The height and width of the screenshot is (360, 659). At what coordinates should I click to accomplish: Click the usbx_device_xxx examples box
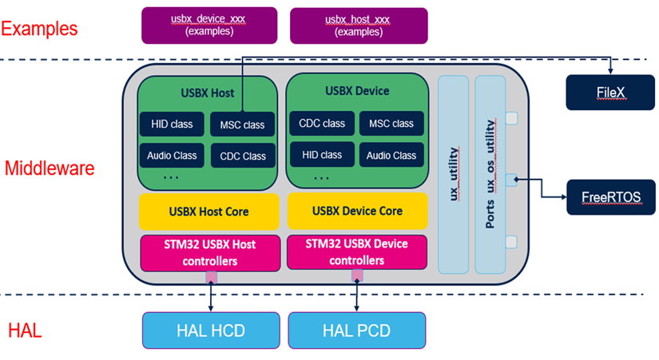pos(209,25)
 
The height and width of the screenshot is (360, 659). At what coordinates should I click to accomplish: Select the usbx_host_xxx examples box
pos(359,25)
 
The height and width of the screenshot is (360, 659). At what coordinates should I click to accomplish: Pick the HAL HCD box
pos(212,329)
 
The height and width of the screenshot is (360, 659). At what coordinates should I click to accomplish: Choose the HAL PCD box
pos(357,329)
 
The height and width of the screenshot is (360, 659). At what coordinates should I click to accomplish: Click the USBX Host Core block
pos(209,212)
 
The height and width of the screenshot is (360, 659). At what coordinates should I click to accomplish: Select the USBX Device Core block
pos(356,212)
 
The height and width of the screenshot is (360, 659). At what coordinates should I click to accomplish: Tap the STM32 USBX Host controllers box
pos(209,252)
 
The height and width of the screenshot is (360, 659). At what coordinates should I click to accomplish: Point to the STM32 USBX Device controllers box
pos(356,252)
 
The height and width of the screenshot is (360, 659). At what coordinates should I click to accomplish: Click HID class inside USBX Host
pos(172,124)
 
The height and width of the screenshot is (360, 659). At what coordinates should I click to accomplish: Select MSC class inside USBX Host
pos(243,125)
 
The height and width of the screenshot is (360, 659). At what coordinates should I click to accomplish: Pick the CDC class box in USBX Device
pos(322,124)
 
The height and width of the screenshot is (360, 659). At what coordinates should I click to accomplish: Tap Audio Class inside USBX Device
pos(391,155)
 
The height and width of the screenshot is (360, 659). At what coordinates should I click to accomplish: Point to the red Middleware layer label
pos(50,168)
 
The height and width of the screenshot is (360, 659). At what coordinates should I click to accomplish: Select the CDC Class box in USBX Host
pos(243,156)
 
